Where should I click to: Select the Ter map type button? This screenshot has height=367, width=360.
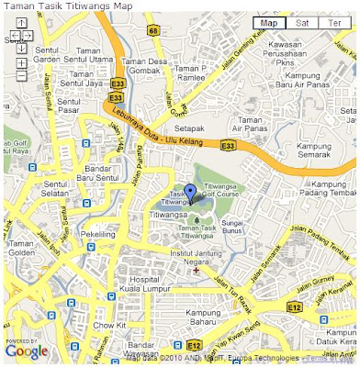pos(336,22)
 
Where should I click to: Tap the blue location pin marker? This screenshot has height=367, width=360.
pos(190,193)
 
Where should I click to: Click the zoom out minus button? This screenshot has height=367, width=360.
pos(21,76)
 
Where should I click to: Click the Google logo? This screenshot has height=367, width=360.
pos(26,351)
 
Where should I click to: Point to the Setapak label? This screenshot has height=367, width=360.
pos(189,117)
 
